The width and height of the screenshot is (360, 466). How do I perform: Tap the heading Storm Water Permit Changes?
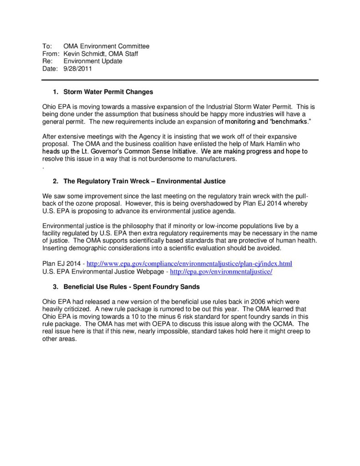click(108, 92)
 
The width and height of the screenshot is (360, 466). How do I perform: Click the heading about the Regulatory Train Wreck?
click(144, 181)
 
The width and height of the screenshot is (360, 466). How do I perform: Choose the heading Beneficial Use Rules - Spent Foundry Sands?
click(132, 287)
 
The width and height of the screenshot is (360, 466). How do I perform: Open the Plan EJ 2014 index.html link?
click(189, 263)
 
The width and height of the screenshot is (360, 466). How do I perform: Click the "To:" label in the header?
click(47, 46)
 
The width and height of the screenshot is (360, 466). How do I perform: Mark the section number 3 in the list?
click(55, 287)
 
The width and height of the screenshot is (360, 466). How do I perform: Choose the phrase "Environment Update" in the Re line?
click(93, 61)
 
